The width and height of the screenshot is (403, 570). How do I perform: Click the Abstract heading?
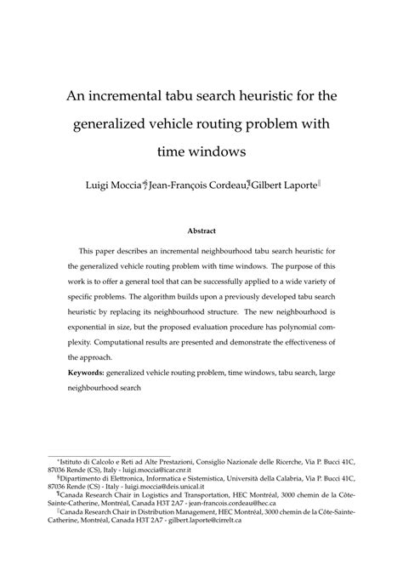(201, 231)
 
